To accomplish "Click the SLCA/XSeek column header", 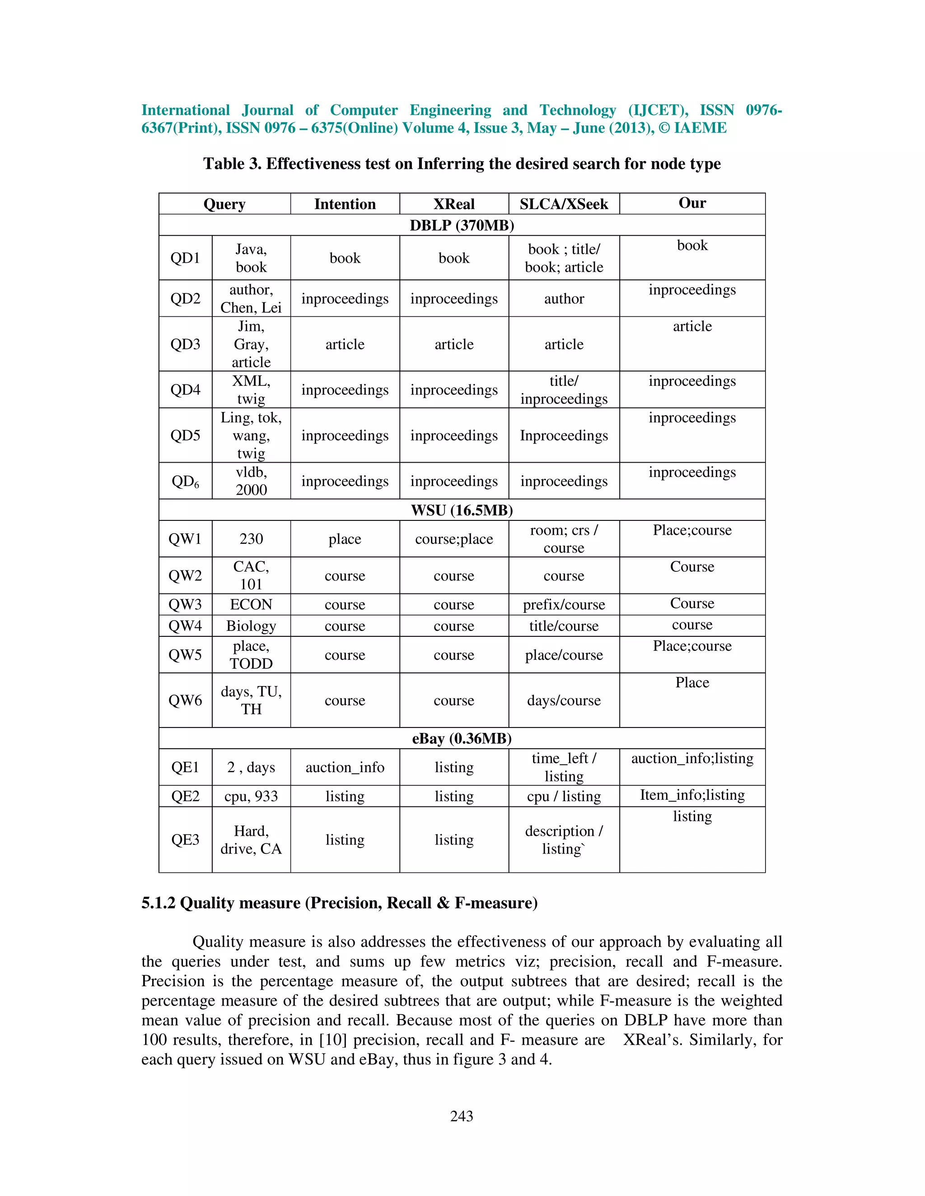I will point(563,204).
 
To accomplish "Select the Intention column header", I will point(345,204).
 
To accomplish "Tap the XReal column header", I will point(454,204).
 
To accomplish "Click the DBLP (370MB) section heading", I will point(462,225).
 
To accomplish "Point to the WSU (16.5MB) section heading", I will point(462,510).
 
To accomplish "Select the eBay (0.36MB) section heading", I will point(462,738).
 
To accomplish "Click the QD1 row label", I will point(185,258).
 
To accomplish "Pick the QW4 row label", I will point(185,626).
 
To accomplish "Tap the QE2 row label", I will point(185,796).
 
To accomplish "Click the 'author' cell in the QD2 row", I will point(563,298).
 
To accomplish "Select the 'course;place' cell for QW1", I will point(454,539).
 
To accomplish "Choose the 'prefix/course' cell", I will point(563,605).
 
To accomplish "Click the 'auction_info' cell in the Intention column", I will point(345,767).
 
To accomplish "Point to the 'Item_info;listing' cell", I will point(692,795).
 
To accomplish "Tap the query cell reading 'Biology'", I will point(251,626).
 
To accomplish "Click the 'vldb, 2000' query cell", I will point(251,481).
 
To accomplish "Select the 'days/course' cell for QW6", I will point(563,700).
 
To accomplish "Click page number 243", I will point(462,1116).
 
